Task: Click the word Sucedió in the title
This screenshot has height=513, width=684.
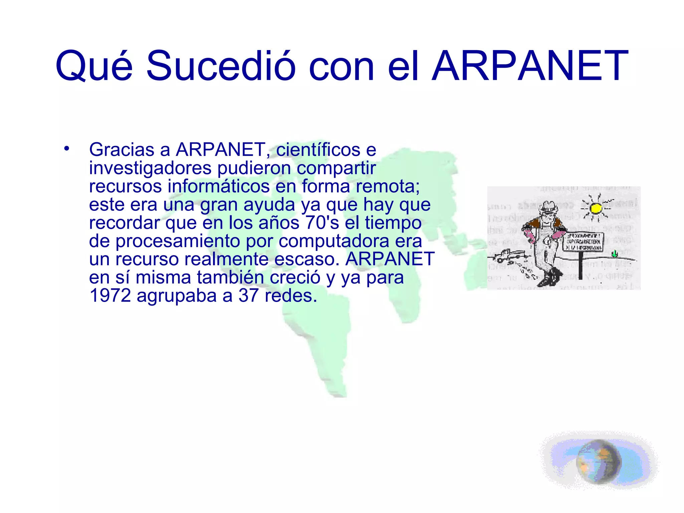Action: tap(220, 65)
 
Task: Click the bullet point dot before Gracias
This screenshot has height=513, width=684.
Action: tap(67, 148)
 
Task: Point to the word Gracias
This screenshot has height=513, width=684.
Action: tap(122, 150)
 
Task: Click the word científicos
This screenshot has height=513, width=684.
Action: tap(318, 150)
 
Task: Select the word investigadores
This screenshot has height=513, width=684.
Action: tap(150, 168)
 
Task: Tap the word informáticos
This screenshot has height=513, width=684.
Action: tap(218, 186)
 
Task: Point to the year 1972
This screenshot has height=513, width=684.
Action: tap(110, 296)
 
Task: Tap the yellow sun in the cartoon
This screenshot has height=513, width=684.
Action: tap(595, 208)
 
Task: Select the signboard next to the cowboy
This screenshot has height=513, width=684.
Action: tap(583, 242)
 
